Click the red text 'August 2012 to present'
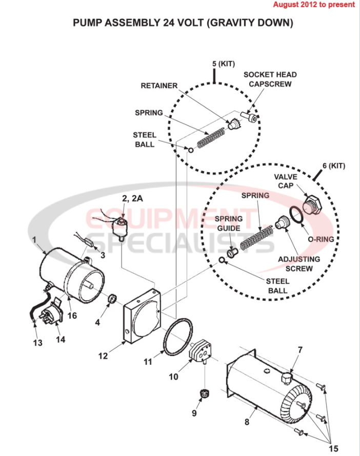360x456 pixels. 313,5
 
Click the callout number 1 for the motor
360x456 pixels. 34,239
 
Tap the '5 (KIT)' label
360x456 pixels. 223,64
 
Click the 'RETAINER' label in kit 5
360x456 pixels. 159,86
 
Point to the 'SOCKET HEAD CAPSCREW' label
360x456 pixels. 270,79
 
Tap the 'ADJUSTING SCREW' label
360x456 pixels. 299,264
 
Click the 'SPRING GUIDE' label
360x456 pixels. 229,223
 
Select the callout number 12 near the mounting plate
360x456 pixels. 103,356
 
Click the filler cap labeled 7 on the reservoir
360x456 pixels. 286,378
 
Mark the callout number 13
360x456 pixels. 38,343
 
